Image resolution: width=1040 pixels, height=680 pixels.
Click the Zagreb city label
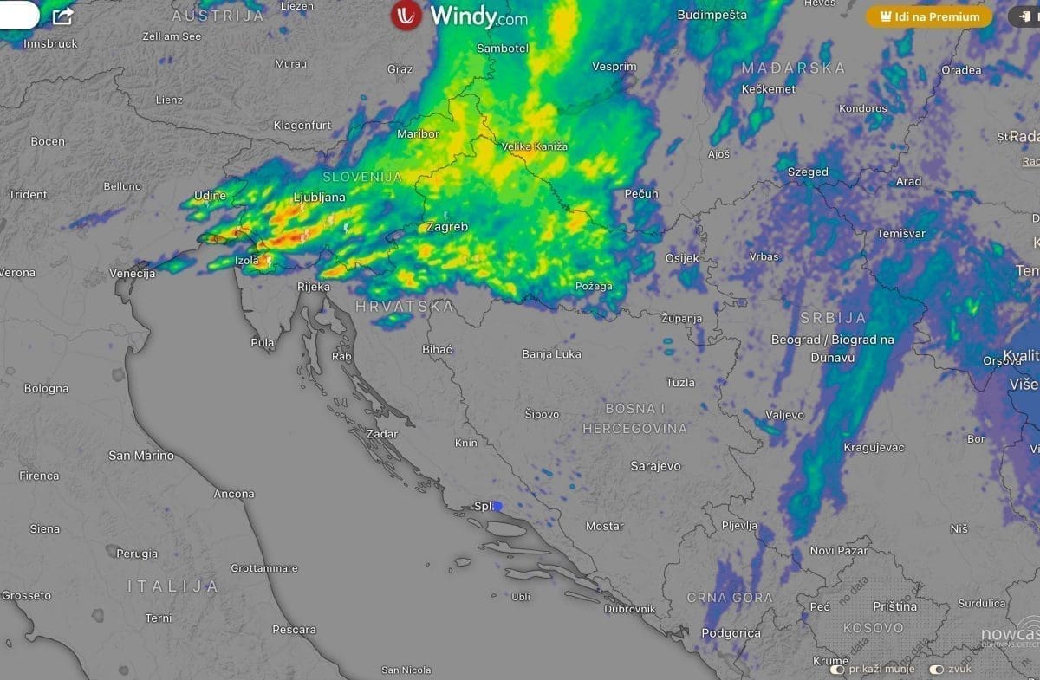click(447, 227)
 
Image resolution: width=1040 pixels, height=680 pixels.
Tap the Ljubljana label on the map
click(319, 198)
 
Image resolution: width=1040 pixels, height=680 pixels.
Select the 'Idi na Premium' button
click(929, 16)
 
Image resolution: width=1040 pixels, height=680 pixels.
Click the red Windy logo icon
click(406, 16)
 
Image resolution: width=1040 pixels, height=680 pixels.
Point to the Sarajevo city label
click(655, 466)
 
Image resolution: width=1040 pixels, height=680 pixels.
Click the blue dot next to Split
click(497, 506)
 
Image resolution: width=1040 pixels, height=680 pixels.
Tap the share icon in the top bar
click(62, 16)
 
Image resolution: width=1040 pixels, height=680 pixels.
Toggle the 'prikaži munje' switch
click(837, 670)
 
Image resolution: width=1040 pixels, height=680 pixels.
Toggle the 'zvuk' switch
click(936, 670)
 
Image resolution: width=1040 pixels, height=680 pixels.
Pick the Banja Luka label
click(551, 354)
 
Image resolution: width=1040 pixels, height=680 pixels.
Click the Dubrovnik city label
click(629, 609)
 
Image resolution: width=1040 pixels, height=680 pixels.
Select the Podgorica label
click(731, 633)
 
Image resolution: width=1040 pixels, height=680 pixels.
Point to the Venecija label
click(132, 274)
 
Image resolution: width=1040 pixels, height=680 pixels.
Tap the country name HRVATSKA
click(405, 307)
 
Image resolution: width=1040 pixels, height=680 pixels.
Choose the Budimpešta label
click(712, 15)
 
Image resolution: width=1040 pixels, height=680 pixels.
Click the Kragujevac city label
click(874, 447)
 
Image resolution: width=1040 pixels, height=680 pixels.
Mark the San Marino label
click(140, 456)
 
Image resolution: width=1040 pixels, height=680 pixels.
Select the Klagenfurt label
click(302, 126)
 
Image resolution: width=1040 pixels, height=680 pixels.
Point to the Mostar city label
click(604, 526)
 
